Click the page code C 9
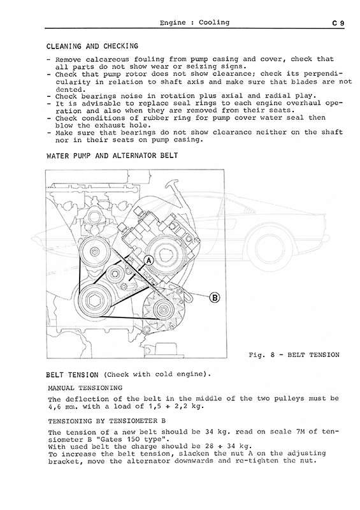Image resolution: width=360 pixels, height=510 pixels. tap(338, 23)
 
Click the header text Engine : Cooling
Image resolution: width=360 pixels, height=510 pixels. tap(194, 22)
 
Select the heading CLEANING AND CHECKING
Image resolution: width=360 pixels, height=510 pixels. tap(92, 46)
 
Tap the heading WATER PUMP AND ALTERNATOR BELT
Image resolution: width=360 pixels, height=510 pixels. tap(112, 156)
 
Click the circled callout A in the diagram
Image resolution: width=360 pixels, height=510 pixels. tap(149, 261)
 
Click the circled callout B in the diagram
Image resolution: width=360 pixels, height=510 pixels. tap(215, 298)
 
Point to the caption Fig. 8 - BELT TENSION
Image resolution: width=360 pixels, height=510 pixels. tap(294, 355)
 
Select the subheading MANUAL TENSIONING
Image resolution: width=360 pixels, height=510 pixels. tap(85, 388)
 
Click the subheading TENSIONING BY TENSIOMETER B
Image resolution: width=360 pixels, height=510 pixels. tap(107, 421)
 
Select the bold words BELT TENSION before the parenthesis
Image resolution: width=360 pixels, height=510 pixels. tap(72, 375)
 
